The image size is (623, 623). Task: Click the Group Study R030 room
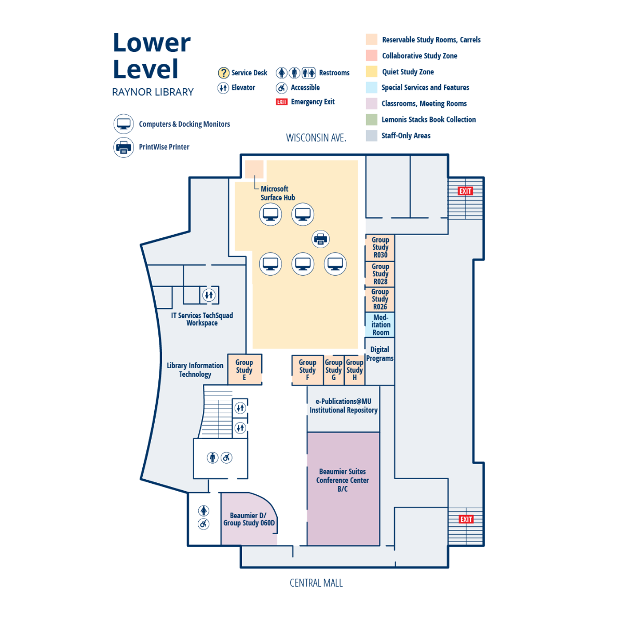(x=380, y=248)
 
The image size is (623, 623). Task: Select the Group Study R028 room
(x=380, y=274)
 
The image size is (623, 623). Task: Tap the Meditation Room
(x=381, y=325)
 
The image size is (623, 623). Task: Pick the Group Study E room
(x=244, y=370)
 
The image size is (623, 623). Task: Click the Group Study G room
(x=333, y=370)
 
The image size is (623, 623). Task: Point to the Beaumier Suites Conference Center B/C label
(x=343, y=480)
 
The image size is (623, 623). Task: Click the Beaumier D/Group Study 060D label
(x=249, y=519)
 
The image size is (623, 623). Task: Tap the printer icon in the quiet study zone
(x=320, y=239)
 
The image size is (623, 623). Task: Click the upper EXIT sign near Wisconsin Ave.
(x=465, y=191)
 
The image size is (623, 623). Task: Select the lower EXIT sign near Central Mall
(x=466, y=519)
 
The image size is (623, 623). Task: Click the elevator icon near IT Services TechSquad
(x=209, y=295)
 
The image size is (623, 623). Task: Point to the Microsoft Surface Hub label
(x=277, y=193)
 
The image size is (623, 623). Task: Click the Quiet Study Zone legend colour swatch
(x=371, y=72)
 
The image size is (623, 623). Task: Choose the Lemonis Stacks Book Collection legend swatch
(x=371, y=119)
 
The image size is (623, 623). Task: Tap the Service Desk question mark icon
(x=223, y=73)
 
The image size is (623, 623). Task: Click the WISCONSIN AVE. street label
(x=316, y=138)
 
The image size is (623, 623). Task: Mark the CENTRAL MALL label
(x=316, y=583)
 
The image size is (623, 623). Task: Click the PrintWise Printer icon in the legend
(x=124, y=147)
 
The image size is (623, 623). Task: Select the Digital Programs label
(x=380, y=354)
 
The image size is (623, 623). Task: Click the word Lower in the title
(x=152, y=43)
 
